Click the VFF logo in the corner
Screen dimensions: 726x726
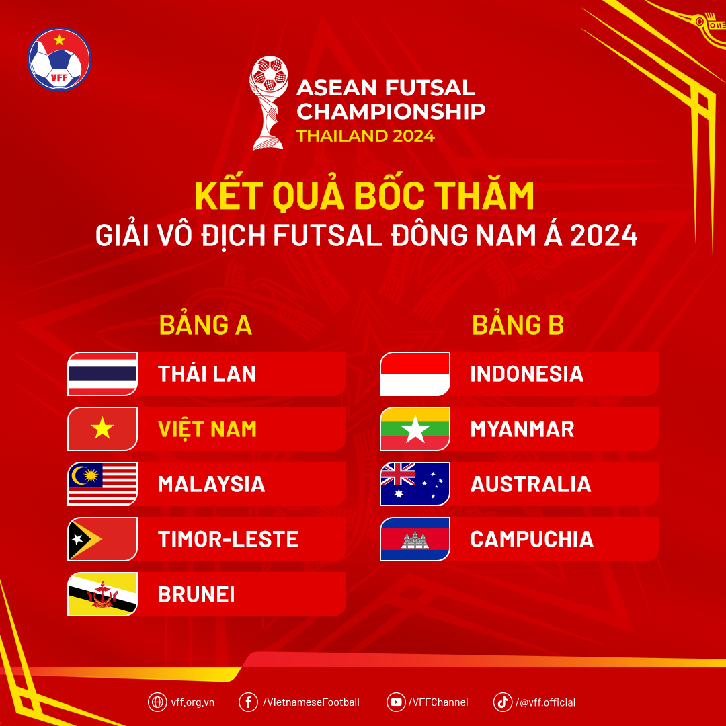[59, 59]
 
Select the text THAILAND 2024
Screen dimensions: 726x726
[366, 136]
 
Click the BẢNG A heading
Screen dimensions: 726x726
[206, 325]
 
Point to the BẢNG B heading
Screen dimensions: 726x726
[518, 325]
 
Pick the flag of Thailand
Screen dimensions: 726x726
[103, 374]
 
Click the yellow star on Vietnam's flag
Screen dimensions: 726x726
[102, 429]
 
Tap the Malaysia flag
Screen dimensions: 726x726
[103, 484]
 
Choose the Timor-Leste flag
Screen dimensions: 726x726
[103, 539]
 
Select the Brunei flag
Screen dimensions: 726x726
[103, 594]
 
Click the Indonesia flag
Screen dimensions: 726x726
[415, 374]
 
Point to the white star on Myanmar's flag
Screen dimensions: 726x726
[415, 430]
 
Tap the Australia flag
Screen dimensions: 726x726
[415, 484]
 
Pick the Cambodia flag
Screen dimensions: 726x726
[415, 539]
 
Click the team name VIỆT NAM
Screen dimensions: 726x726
[207, 429]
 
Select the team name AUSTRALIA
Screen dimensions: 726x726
[530, 484]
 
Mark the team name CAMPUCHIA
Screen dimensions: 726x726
[532, 539]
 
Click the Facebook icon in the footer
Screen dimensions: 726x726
[249, 702]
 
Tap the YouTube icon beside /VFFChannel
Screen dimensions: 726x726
[396, 702]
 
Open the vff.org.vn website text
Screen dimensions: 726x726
[192, 702]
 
